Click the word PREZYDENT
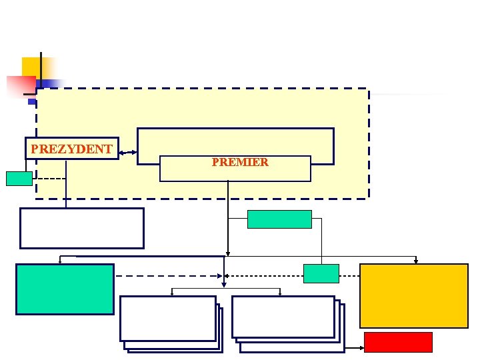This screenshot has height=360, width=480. point(71,149)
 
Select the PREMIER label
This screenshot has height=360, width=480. point(240,162)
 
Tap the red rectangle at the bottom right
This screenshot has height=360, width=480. point(398,342)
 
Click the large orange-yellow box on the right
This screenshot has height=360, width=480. point(414,295)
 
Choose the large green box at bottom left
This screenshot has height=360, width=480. point(65,289)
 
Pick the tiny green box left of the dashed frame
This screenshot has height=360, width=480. point(19,178)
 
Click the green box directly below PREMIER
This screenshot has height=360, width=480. point(279,219)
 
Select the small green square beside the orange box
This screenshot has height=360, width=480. point(321,273)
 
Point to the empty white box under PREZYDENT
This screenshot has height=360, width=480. point(81,228)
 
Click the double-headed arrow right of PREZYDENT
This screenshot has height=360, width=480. point(128,153)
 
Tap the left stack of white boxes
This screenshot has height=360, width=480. point(169,321)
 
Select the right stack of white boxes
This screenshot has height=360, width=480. point(286,321)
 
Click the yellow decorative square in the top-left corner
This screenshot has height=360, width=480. point(33,67)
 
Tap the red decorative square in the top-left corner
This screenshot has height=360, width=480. point(20,87)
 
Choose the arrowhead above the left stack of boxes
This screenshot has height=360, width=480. point(173,292)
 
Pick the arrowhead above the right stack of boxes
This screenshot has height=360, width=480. point(281,292)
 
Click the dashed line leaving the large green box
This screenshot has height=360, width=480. point(167,275)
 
